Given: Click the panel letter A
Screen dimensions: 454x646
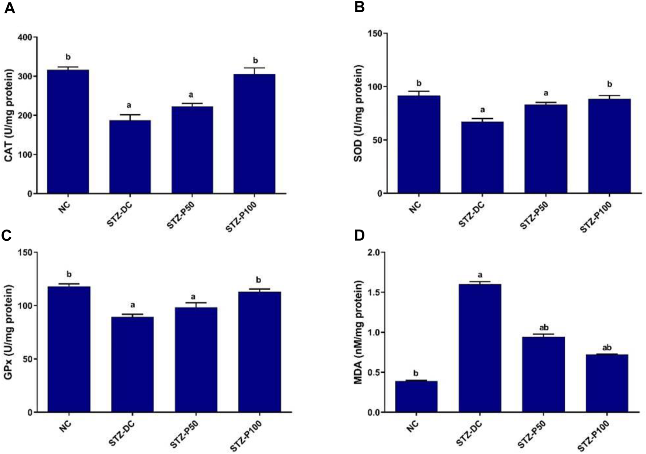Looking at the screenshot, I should coord(10,8).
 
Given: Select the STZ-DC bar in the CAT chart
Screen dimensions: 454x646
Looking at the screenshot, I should coord(130,157).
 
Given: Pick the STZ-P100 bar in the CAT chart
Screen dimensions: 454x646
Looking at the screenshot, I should coord(254,134).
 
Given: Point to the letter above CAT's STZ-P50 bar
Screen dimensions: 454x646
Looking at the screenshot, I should coord(191,95).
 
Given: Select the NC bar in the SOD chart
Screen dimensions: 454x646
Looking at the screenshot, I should coord(418,144).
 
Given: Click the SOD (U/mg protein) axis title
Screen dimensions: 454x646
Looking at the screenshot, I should coord(358,113).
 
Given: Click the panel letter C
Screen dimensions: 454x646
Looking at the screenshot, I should coord(7,236).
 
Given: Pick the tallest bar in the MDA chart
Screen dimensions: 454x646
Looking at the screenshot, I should coord(480,348).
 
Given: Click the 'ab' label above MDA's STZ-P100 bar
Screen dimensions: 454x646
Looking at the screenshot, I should coord(607,348).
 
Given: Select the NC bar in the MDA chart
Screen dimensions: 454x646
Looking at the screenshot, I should coord(416,396).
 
